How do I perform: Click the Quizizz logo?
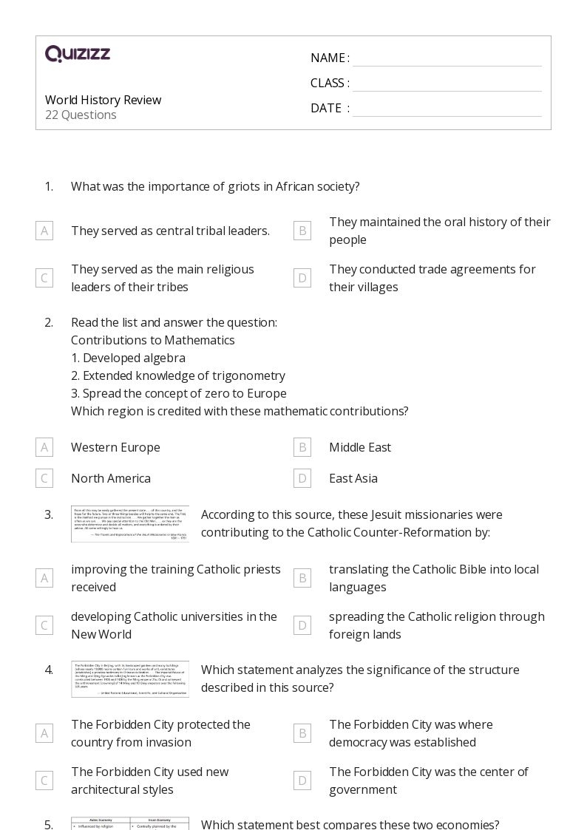(x=78, y=54)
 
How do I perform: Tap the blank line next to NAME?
(x=447, y=58)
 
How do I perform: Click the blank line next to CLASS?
(x=447, y=84)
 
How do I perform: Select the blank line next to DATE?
(x=447, y=109)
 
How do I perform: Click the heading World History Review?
(x=103, y=100)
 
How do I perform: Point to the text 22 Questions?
(x=81, y=115)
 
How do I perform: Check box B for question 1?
(x=302, y=231)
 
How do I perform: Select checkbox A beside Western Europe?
(x=44, y=447)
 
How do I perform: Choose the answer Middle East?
(x=359, y=447)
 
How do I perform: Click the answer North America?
(x=110, y=478)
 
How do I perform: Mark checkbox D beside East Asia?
(x=302, y=478)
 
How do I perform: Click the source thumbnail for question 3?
(x=130, y=524)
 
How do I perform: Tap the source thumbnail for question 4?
(x=130, y=679)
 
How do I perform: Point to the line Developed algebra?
(x=128, y=358)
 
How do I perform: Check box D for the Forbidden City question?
(x=302, y=780)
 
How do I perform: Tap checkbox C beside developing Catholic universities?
(x=44, y=625)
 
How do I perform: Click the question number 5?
(x=49, y=824)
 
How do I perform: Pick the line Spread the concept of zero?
(x=178, y=393)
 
